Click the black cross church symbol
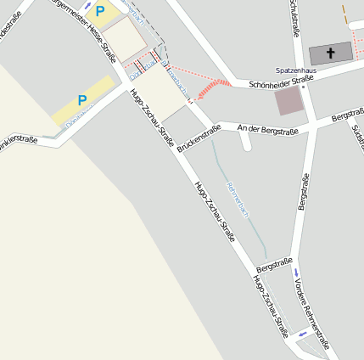point(330,53)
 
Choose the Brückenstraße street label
point(199,138)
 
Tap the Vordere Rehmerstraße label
point(312,311)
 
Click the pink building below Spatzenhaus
point(288,102)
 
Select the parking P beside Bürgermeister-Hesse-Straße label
point(100,11)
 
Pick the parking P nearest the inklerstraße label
point(82,100)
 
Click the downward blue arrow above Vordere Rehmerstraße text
point(296,273)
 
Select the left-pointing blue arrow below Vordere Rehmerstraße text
point(303,335)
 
